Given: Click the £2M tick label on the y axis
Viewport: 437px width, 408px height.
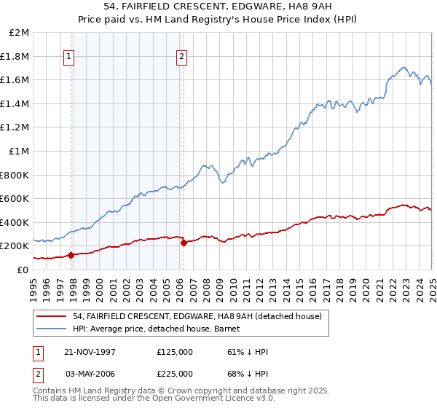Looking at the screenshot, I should [20, 33].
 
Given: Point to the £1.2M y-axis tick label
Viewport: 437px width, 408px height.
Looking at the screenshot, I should [15, 127].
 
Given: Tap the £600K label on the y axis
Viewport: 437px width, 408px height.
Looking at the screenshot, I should [15, 198].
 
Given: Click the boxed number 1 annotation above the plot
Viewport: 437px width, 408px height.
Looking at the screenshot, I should [69, 57].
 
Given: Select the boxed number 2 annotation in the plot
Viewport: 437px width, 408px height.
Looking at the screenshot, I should [181, 57].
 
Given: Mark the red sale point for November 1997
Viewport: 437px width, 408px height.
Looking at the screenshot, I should [71, 255].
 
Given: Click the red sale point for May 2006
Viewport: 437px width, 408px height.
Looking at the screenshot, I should [184, 243].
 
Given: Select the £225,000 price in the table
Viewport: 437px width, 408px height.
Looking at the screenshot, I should [175, 373].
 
